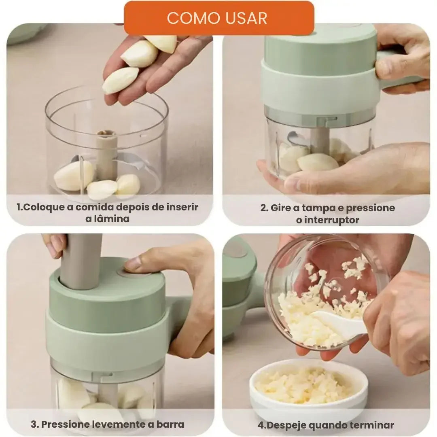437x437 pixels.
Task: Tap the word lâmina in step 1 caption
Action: tap(108, 219)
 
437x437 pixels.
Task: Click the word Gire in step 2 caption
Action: tap(281, 208)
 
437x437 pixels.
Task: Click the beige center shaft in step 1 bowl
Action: tap(107, 154)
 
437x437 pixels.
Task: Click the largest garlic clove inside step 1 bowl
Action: tap(74, 175)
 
